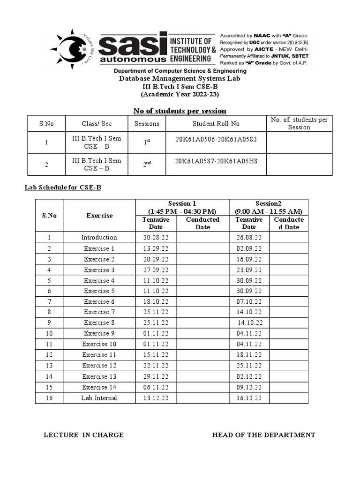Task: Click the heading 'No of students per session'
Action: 180,111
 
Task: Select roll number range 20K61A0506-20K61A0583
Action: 216,139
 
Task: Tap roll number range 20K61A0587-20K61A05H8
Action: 216,161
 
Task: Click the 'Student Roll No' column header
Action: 216,123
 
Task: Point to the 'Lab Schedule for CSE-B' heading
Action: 63,187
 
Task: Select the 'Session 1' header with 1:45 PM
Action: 182,207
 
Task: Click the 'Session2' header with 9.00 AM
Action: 269,207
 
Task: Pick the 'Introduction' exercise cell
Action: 99,237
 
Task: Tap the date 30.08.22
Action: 156,237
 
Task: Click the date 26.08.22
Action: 249,237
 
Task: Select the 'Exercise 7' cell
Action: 99,312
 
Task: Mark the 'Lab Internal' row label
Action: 99,398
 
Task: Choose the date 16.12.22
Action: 249,398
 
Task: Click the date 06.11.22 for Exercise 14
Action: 156,387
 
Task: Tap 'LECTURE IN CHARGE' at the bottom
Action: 83,435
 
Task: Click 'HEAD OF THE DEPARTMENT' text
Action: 263,435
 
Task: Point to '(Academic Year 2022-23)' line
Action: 180,94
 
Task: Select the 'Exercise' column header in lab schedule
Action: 99,216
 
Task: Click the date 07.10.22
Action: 249,301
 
